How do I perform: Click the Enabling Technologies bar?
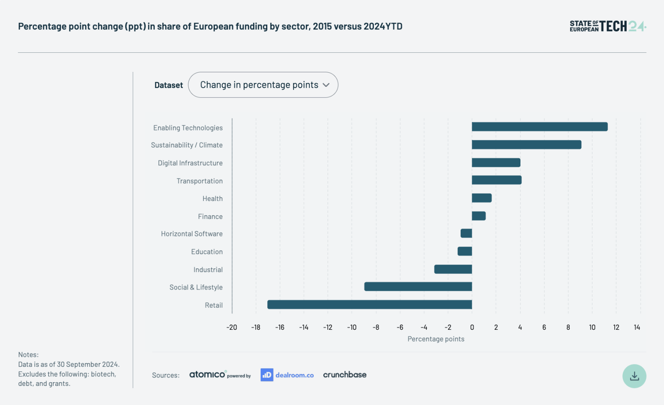click(539, 127)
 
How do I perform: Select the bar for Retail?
click(370, 304)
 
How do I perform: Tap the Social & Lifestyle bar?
click(418, 287)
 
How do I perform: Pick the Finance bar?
click(479, 216)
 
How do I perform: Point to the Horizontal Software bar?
click(466, 233)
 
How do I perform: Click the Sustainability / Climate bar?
click(527, 145)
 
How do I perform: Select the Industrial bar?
click(453, 269)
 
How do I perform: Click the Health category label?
click(212, 199)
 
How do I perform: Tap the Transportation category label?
click(200, 181)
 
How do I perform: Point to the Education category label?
click(207, 252)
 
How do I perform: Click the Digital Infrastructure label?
click(190, 163)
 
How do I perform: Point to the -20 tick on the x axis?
click(232, 327)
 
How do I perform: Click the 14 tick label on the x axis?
click(637, 327)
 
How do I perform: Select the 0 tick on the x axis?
click(472, 327)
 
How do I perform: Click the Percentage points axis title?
click(436, 339)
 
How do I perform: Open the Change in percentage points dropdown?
click(263, 85)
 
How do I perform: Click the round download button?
click(635, 376)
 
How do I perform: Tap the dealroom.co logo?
click(287, 375)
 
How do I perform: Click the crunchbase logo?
click(345, 375)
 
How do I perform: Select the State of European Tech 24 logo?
click(608, 26)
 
